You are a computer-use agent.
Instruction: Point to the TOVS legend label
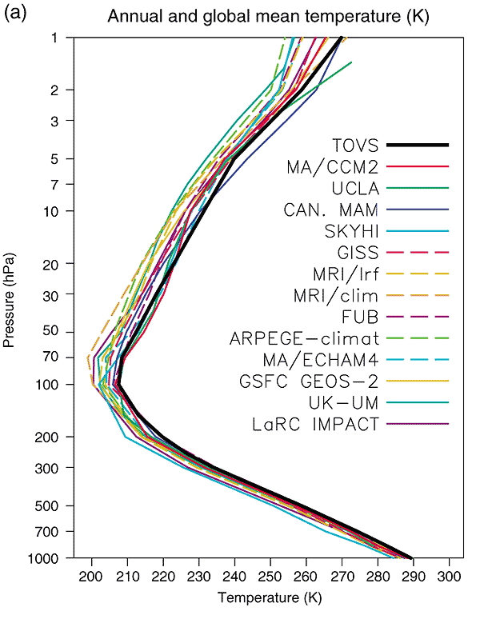click(354, 145)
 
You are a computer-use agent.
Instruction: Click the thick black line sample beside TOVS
click(417, 145)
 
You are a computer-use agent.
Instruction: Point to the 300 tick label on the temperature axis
click(451, 574)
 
